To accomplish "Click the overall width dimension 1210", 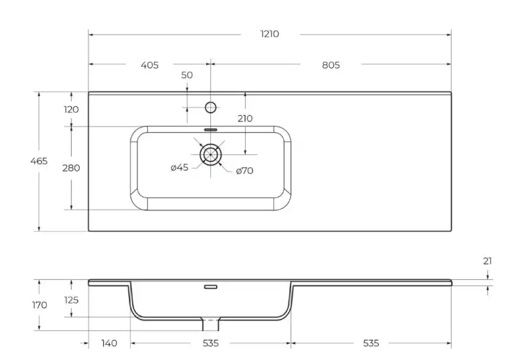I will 270,34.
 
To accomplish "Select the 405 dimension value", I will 150,65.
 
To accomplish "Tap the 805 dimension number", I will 331,65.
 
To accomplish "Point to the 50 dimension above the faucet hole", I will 187,75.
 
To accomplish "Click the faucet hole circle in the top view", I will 211,107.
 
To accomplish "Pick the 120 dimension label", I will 71,109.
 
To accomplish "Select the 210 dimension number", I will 245,118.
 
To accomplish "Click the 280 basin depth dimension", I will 71,168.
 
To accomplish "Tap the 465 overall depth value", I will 39,161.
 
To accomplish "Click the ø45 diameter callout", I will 179,168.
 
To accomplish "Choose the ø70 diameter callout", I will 244,171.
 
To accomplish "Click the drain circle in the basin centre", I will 210,154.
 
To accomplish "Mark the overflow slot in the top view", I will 211,128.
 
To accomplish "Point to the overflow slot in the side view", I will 211,287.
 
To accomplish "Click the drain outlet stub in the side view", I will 211,324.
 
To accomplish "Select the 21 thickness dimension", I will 488,260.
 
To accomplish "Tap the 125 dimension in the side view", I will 71,300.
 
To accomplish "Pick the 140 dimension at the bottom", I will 109,343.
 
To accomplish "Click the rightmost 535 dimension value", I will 371,343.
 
